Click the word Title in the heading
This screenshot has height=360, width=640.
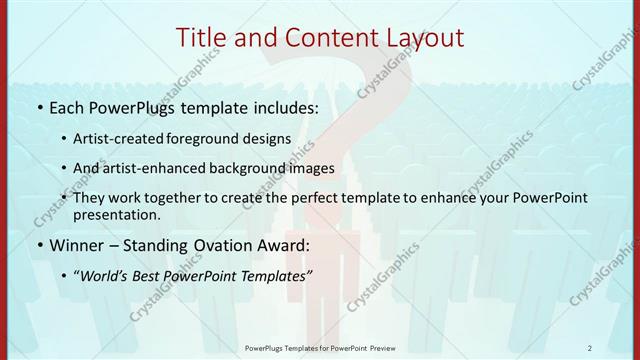(202, 38)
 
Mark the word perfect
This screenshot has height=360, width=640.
(328, 198)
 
